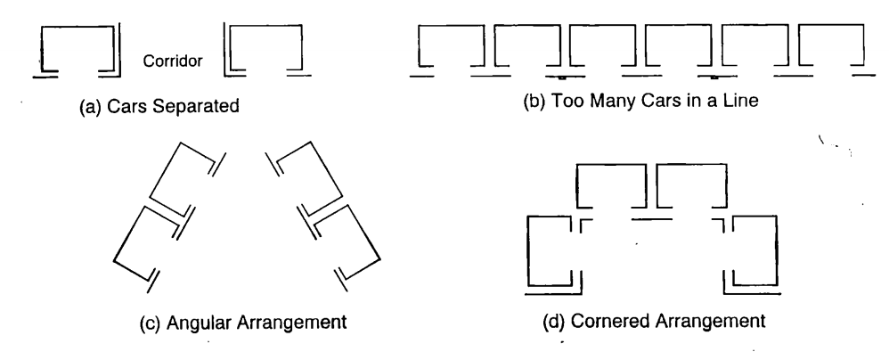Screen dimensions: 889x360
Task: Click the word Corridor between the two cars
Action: tap(172, 61)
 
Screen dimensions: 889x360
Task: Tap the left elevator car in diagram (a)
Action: tap(77, 26)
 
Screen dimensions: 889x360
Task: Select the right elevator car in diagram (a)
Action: tap(266, 26)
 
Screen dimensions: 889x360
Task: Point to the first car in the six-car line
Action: tap(452, 26)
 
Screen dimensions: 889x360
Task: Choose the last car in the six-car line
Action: tap(830, 26)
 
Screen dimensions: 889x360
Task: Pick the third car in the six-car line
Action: tap(603, 26)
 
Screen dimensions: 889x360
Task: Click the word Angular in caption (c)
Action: tap(201, 323)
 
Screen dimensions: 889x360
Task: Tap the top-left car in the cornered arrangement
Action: tap(610, 165)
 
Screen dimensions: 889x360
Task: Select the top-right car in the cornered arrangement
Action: tap(691, 165)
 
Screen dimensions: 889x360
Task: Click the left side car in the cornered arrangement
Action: tap(528, 250)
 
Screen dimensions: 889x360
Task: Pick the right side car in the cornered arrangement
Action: tap(776, 250)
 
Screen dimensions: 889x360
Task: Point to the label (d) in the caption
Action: tap(554, 322)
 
